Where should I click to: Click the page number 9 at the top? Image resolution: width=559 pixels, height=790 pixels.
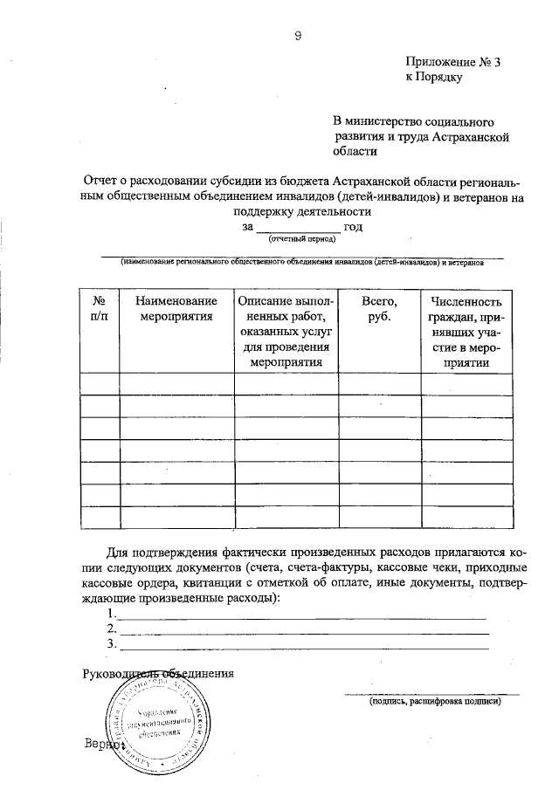click(299, 35)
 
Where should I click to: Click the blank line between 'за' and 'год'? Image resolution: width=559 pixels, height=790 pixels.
click(297, 228)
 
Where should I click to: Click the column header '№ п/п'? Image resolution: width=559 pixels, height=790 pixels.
click(100, 308)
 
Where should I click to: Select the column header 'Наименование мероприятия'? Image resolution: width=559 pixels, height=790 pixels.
click(176, 308)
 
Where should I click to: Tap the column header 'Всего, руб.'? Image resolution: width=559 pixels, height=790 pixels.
click(379, 308)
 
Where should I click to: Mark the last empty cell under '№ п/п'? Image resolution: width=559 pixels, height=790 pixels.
click(100, 518)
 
